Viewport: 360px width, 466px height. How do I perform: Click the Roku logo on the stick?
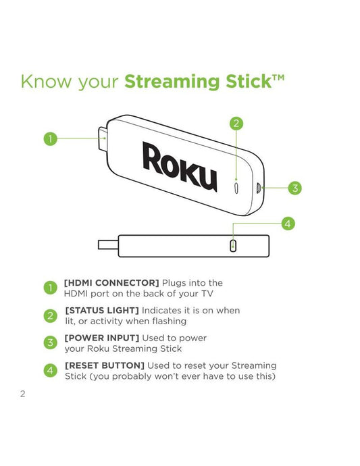180,166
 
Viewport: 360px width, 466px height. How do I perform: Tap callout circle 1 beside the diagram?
50,138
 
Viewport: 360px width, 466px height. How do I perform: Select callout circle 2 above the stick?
236,124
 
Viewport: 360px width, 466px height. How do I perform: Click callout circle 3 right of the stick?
295,188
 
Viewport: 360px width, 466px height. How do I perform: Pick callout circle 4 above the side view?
288,224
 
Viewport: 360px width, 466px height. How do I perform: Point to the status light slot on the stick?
236,188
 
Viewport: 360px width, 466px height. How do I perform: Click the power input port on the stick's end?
259,188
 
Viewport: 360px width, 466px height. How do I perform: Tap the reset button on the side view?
234,246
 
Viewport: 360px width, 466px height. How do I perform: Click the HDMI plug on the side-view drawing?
108,244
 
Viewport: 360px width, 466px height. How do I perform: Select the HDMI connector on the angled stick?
103,139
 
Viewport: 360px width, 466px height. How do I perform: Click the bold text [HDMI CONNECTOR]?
111,282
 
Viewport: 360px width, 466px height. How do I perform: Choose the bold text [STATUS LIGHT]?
102,310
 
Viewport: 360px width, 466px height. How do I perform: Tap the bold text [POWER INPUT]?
102,338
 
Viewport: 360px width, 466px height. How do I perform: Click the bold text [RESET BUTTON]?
105,365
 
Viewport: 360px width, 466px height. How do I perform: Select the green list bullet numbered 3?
50,342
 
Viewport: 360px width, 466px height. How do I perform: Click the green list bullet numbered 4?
50,370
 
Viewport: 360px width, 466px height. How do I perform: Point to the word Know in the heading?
47,81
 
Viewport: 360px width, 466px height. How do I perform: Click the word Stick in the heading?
249,81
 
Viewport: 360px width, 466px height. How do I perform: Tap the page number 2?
22,394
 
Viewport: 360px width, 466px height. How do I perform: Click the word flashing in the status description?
170,321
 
